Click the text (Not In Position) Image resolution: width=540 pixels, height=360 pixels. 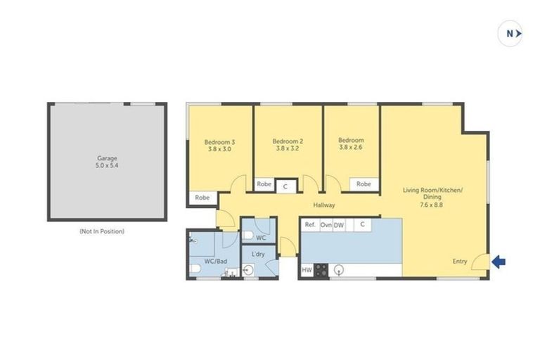103,231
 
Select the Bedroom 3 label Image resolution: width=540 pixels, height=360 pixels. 219,145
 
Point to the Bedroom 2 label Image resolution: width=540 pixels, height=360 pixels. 288,145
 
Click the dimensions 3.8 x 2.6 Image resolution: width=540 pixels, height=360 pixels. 351,148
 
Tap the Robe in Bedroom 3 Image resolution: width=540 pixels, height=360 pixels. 203,198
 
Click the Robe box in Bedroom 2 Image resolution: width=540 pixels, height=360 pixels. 264,185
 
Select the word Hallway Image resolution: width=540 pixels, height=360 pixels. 324,205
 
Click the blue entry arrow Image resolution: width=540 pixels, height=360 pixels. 498,262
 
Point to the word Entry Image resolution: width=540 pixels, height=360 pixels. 459,262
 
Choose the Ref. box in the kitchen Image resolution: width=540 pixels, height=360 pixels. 309,225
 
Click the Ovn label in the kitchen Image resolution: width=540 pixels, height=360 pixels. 326,225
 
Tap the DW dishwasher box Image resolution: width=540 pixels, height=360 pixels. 339,225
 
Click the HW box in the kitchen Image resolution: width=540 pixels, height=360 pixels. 307,270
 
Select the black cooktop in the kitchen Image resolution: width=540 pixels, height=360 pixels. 321,270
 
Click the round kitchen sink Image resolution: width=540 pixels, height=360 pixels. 340,269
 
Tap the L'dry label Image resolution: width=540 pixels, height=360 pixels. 257,255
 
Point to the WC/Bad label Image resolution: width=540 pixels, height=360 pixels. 215,262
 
